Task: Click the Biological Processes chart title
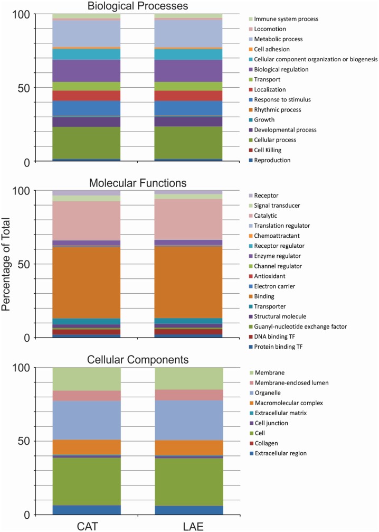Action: tap(138, 6)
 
